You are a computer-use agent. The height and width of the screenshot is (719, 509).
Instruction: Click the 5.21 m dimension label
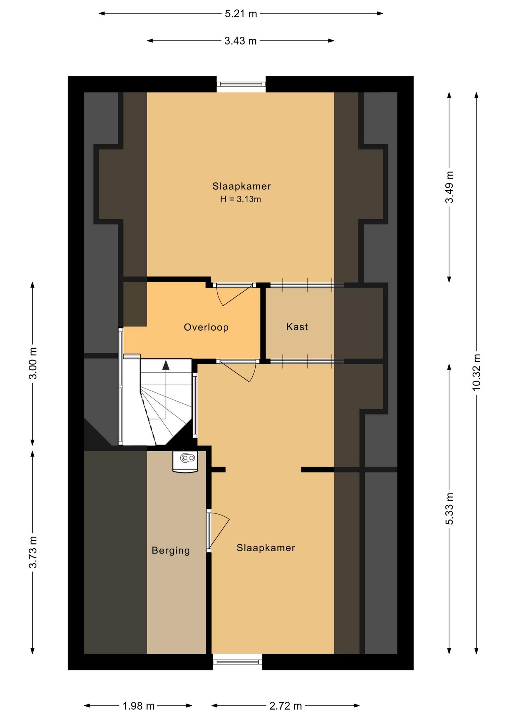241,14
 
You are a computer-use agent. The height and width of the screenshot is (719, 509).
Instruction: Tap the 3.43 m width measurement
241,41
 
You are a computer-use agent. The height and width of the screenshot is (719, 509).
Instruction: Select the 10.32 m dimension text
476,372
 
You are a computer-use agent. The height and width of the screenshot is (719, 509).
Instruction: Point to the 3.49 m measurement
449,187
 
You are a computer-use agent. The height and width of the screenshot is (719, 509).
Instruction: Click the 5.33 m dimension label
449,509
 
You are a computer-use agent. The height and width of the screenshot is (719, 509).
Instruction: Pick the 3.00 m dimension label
33,363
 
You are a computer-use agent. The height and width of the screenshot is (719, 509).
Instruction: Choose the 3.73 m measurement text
33,552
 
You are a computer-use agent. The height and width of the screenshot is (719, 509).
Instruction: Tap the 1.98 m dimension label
139,706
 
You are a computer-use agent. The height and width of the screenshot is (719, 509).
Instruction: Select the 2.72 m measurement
286,706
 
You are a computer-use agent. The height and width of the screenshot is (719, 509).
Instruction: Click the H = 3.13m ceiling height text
241,199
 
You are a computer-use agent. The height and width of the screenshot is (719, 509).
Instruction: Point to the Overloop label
206,327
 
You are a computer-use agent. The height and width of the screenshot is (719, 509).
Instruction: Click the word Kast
297,327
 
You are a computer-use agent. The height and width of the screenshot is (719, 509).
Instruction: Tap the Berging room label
171,550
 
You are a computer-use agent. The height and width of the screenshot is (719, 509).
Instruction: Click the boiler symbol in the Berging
185,462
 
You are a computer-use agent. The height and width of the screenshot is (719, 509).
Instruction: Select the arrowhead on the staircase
166,365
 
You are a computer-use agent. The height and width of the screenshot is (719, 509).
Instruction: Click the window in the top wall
241,84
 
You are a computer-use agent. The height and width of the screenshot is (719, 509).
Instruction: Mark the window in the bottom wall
238,662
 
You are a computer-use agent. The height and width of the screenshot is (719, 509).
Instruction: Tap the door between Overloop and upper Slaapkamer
234,294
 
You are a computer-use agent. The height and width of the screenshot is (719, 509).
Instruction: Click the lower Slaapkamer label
266,548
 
